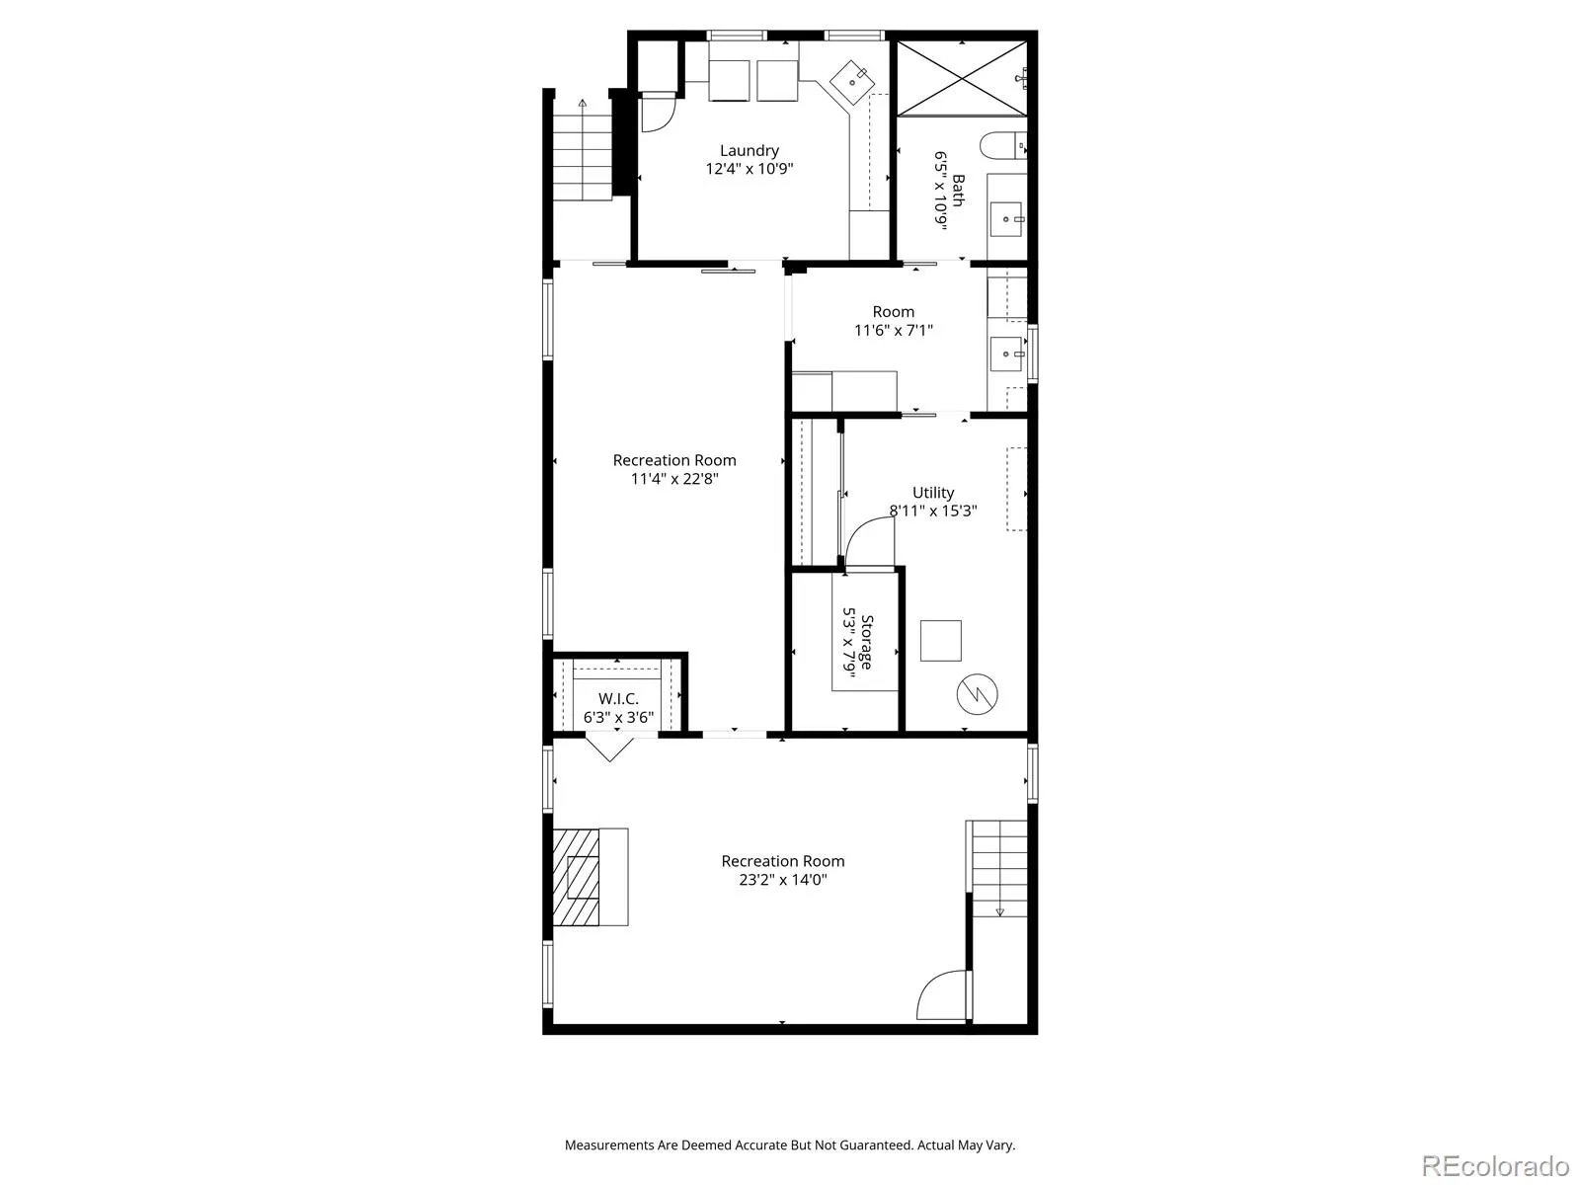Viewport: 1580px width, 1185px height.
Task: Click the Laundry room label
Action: [x=750, y=150]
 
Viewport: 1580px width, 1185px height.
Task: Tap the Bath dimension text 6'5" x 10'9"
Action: [x=941, y=191]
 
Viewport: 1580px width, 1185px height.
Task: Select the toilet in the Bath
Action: [x=1002, y=145]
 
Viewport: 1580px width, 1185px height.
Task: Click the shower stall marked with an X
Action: [x=962, y=78]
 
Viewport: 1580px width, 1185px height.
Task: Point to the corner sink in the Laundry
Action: [x=852, y=82]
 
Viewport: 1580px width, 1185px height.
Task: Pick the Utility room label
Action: [x=933, y=493]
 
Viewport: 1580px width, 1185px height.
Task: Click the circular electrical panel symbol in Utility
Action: [x=977, y=694]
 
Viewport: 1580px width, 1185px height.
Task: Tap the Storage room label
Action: [x=867, y=642]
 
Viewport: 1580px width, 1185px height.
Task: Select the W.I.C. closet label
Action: [x=618, y=698]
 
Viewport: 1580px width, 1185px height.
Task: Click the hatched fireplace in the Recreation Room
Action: [x=576, y=876]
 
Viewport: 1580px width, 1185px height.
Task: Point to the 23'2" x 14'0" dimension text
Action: [x=783, y=879]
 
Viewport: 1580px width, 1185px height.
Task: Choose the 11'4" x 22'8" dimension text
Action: [x=674, y=479]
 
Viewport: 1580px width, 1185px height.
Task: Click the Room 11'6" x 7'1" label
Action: [x=894, y=321]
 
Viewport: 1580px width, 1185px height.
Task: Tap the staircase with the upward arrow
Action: [x=583, y=149]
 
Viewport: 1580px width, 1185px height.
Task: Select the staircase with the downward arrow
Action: [x=998, y=868]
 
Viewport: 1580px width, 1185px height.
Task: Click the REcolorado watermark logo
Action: [x=1495, y=1165]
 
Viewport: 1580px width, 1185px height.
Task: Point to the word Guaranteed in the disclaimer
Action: [x=872, y=1145]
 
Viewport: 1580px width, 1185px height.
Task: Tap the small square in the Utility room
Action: [x=941, y=640]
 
